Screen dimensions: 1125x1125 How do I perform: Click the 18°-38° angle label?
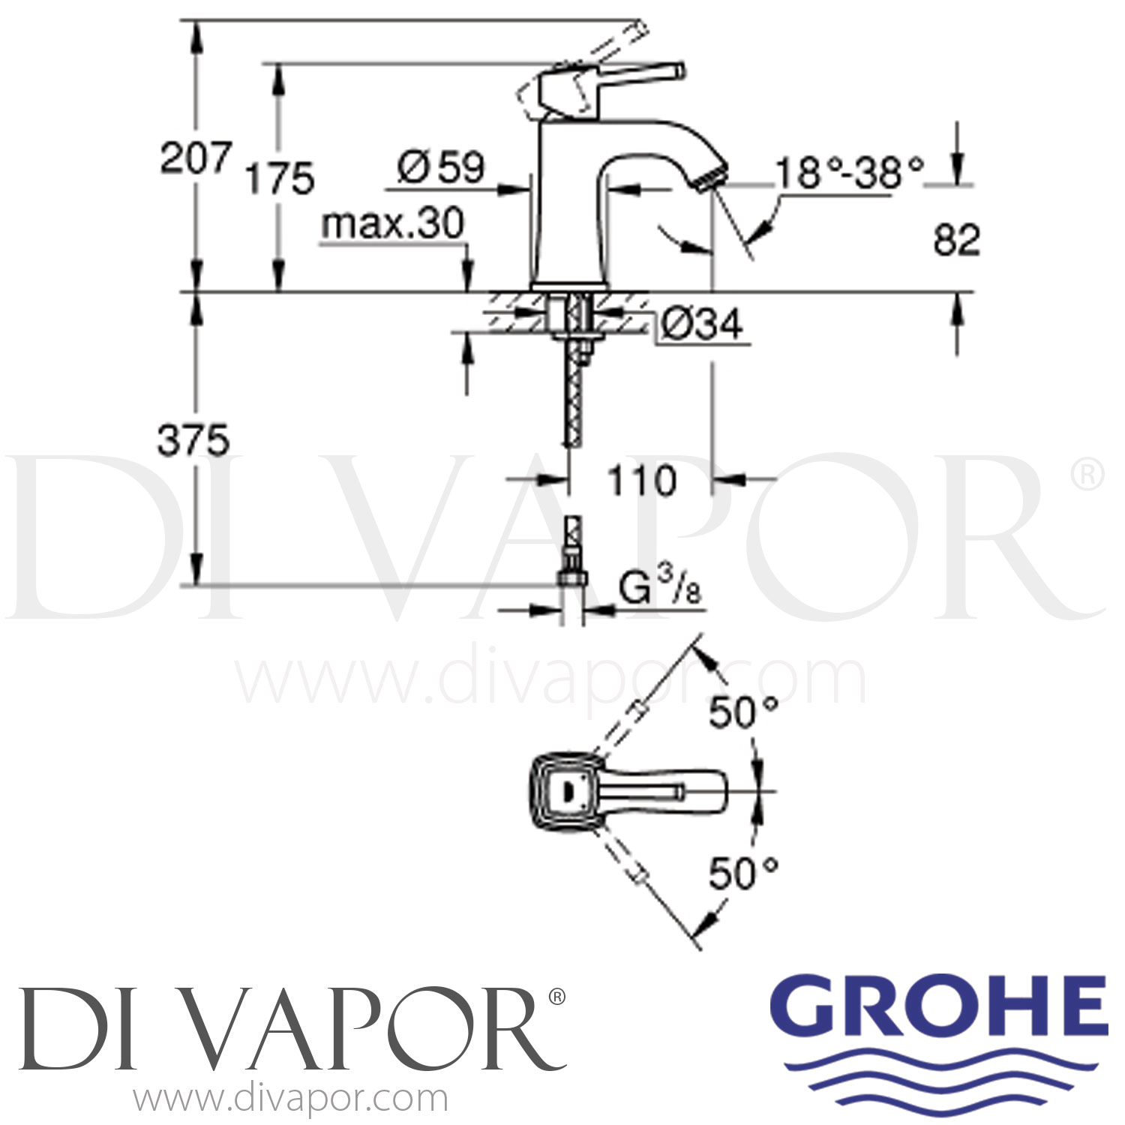[849, 173]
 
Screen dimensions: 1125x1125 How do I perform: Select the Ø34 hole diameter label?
[702, 324]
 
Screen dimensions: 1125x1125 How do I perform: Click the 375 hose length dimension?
[193, 440]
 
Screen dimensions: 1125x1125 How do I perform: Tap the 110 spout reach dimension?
[641, 481]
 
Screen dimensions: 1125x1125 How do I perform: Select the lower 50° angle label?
[743, 873]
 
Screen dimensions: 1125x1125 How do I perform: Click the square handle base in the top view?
[565, 791]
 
